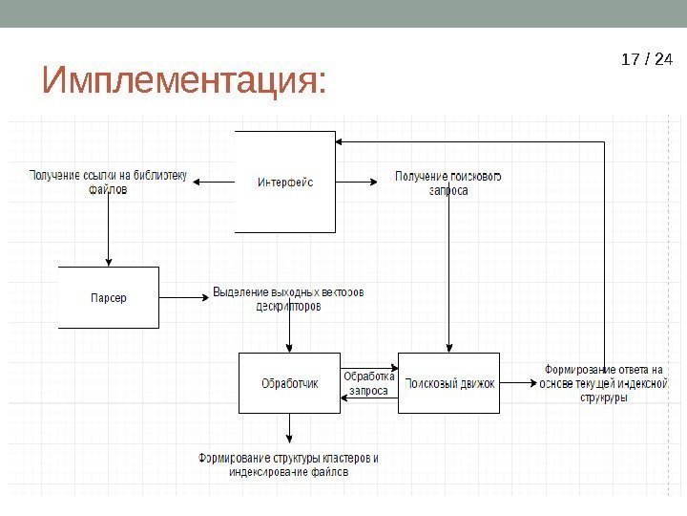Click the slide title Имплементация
(184, 81)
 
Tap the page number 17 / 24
(646, 60)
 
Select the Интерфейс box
(285, 181)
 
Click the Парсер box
(109, 297)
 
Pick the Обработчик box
(289, 383)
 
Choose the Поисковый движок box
(448, 383)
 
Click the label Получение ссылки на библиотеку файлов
(108, 183)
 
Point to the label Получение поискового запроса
(448, 183)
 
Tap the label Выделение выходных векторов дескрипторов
(289, 298)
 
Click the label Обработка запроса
(368, 382)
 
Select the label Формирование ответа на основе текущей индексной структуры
(602, 383)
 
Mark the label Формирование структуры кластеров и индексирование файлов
(289, 464)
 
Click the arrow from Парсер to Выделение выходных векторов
(183, 297)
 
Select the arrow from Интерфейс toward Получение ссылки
(218, 181)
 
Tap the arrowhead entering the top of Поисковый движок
(448, 347)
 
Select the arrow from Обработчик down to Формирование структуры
(289, 428)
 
